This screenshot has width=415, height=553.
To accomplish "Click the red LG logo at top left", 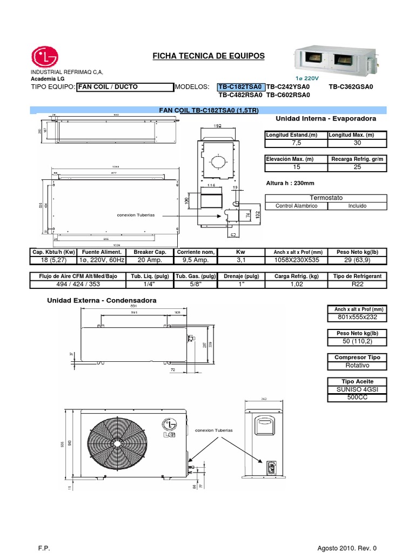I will pyautogui.click(x=45, y=57).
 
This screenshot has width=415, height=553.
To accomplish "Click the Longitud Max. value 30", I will pyautogui.click(x=357, y=143).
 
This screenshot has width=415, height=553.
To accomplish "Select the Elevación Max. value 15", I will pyautogui.click(x=296, y=167).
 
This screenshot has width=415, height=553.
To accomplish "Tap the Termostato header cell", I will pyautogui.click(x=326, y=198).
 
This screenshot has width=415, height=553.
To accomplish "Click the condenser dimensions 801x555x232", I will pyautogui.click(x=357, y=317).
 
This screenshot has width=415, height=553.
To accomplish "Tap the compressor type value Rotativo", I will pyautogui.click(x=357, y=366).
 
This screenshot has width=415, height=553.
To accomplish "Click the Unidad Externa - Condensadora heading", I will pyautogui.click(x=102, y=300).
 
